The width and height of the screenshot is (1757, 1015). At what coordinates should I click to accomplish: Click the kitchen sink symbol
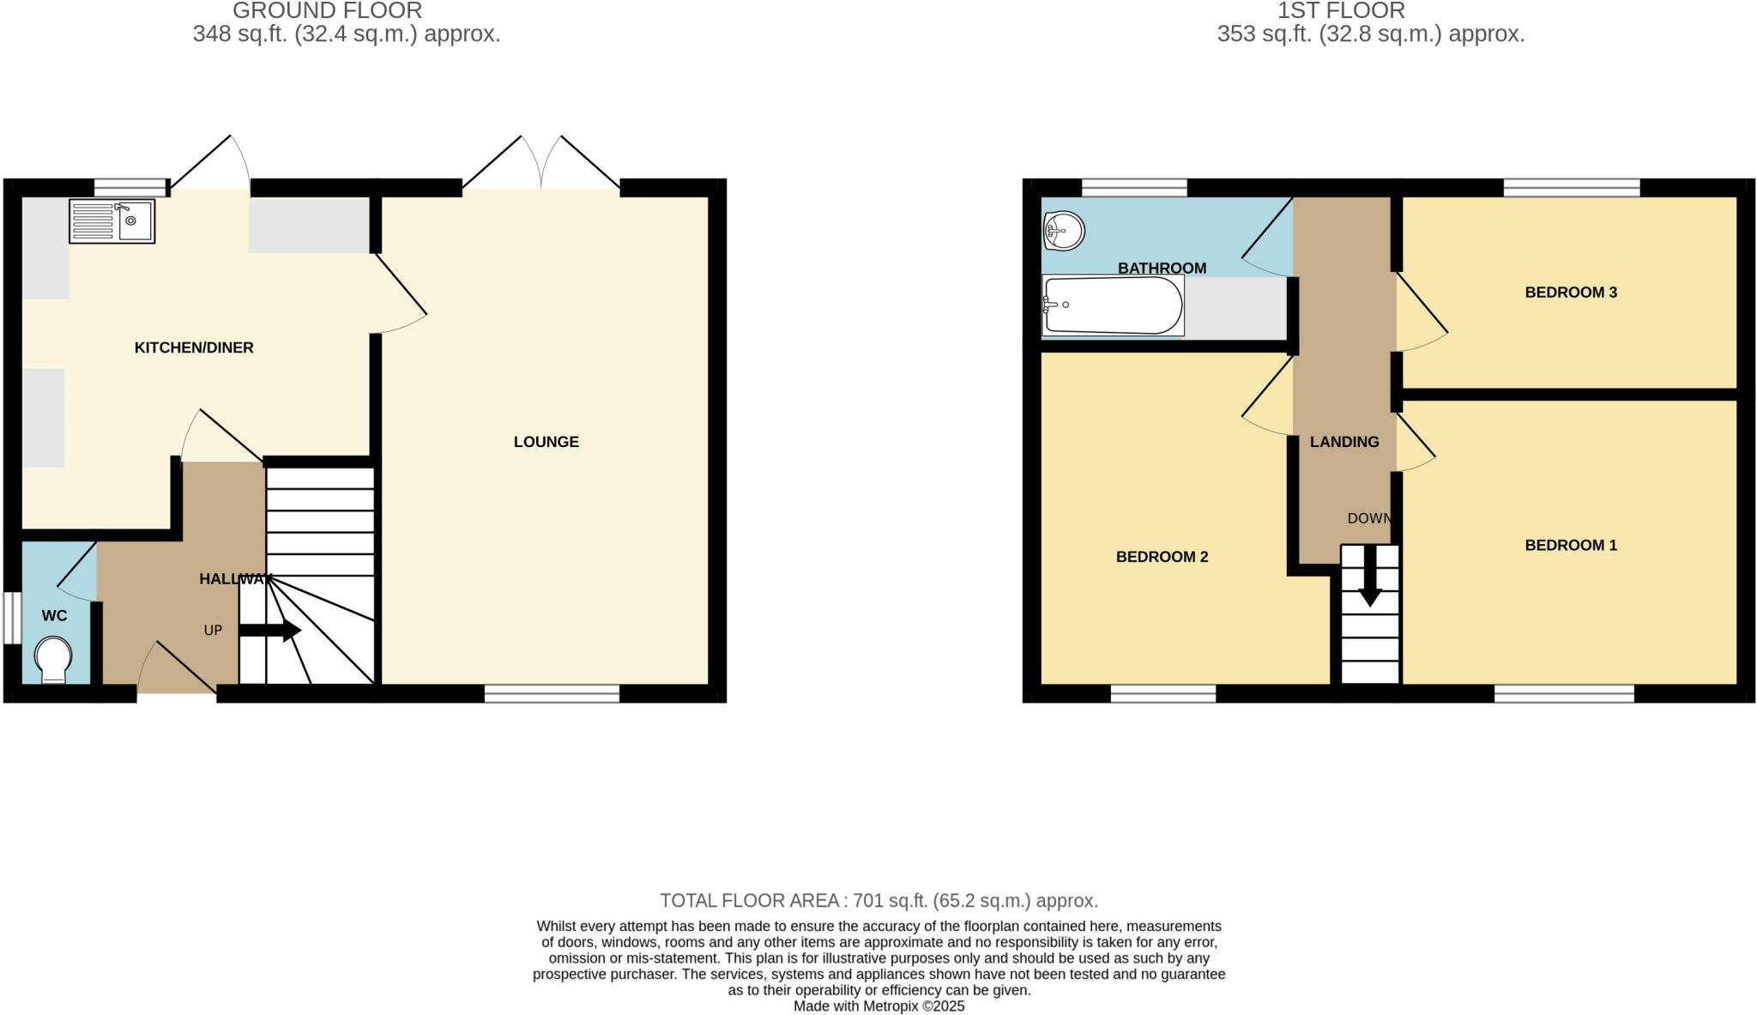coord(112,221)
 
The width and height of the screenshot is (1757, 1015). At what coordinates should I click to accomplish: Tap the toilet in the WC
coord(53,660)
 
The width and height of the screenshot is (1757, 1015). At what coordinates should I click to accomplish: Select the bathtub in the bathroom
coord(1113,305)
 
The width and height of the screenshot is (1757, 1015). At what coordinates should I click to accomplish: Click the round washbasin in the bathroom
coord(1064,230)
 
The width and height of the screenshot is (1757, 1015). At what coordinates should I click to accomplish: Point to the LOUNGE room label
coord(546,442)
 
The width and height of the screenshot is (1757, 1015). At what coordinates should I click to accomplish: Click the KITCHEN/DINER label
coord(194,347)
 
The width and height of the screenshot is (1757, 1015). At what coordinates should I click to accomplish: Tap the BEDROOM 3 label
coord(1570,293)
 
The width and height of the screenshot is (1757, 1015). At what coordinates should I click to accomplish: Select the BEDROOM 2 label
coord(1162,557)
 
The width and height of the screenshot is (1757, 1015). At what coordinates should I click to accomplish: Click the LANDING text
coord(1343,442)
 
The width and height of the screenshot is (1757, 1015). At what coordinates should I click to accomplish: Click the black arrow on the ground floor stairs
coord(270,631)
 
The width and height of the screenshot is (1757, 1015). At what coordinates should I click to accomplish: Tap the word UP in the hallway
coord(213,631)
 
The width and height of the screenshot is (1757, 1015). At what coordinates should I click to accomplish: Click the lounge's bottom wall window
coord(552,693)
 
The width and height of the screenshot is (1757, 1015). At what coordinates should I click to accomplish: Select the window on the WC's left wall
coord(11,618)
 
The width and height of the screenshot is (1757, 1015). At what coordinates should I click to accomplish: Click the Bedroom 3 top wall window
coord(1571,187)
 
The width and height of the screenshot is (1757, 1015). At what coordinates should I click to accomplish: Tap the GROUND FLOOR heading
coord(327,11)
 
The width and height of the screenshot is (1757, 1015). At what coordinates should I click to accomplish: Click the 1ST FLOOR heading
coord(1341,11)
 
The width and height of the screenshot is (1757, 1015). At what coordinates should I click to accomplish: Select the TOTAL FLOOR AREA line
coord(878,901)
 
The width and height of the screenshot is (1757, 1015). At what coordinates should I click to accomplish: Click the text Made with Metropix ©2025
coord(878,1006)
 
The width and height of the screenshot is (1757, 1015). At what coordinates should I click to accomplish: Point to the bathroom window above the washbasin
coord(1134,187)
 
